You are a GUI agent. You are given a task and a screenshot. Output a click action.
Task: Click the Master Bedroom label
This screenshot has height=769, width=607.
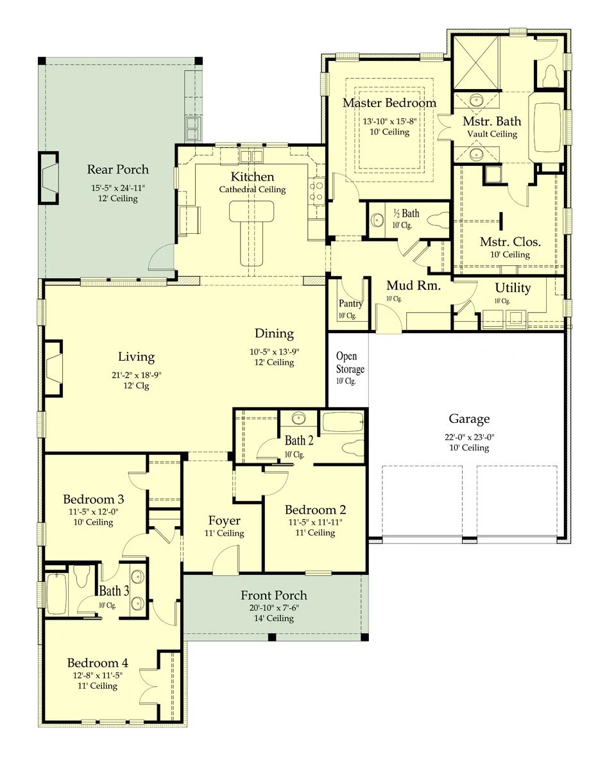(389, 103)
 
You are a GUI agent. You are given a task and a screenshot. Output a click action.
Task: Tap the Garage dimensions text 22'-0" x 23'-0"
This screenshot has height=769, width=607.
(469, 436)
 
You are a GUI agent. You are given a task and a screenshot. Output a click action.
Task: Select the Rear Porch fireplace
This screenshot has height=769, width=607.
(49, 178)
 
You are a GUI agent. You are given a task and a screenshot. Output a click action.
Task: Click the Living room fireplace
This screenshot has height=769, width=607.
(54, 368)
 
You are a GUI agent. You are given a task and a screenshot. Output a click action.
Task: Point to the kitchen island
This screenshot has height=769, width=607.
(252, 232)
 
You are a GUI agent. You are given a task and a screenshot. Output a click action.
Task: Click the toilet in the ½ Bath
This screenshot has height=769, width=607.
(438, 220)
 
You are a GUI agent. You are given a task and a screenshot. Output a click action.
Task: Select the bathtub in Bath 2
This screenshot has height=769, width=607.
(343, 422)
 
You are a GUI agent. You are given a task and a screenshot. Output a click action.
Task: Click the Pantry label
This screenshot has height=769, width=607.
(351, 303)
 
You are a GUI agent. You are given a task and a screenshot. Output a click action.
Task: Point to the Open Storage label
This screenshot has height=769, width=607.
(350, 362)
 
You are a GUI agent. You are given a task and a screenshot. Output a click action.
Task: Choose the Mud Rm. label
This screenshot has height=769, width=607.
(413, 286)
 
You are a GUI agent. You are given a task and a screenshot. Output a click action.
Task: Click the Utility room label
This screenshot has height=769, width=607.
(513, 288)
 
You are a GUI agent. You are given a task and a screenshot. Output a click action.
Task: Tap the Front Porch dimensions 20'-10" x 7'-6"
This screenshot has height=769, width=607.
(274, 608)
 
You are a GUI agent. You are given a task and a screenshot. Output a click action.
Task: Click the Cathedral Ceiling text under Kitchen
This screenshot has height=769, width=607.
(252, 190)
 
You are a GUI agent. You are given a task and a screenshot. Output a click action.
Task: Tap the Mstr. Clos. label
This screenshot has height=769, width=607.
(510, 242)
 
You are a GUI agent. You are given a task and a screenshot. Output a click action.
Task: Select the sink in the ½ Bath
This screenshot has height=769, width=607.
(377, 220)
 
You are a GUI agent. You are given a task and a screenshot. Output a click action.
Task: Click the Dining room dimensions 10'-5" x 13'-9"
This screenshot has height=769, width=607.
(274, 352)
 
